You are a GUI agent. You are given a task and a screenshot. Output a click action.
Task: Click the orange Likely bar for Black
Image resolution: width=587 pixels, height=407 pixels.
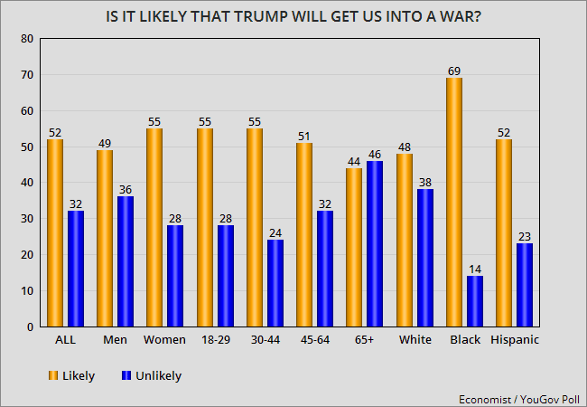pos(454,203)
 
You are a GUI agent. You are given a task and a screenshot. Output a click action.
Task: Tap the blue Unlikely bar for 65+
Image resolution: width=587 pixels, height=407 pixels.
pos(375,243)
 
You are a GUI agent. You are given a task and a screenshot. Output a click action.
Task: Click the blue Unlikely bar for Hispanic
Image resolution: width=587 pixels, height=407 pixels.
pos(525,285)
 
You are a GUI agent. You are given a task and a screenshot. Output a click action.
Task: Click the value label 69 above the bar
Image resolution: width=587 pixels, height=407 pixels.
pos(454,71)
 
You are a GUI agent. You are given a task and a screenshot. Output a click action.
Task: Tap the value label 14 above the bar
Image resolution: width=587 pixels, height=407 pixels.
pos(474,269)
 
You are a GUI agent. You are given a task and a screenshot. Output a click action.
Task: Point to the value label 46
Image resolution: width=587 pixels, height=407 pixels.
pos(375,154)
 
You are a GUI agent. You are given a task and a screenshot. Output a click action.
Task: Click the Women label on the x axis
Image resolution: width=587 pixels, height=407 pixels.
pos(165,340)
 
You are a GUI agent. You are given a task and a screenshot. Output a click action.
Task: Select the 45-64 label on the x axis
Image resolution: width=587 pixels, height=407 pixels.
pos(314,340)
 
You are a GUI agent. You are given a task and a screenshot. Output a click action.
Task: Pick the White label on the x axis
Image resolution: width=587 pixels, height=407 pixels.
pos(415,340)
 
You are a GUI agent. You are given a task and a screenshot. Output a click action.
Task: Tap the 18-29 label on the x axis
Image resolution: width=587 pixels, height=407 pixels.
pos(214,340)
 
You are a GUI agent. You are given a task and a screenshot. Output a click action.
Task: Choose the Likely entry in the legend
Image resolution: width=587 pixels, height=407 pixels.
pos(72,375)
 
